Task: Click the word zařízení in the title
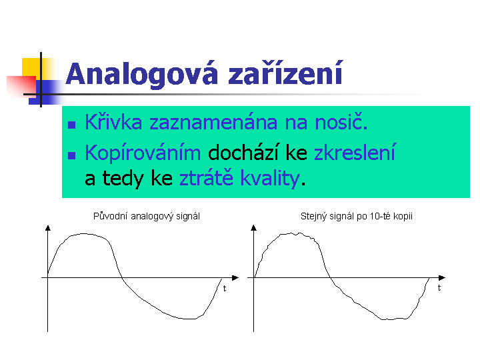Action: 285,73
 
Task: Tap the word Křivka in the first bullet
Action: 113,122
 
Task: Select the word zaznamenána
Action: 213,123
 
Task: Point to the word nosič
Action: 341,122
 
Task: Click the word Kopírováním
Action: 143,153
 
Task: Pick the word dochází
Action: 243,153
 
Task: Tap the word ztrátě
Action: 206,177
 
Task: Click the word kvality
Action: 270,178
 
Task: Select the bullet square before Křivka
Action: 71,125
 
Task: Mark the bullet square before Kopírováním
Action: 71,155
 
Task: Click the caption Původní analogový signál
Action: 147,217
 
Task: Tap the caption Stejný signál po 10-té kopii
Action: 357,217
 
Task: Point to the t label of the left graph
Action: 225,289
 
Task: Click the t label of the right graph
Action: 439,288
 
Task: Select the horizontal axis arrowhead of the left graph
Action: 235,277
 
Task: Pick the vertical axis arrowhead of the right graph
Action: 253,227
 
